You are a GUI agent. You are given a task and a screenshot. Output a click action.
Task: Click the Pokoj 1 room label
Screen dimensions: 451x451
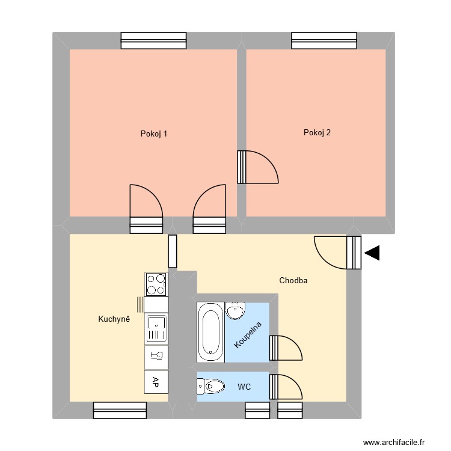tap(153, 133)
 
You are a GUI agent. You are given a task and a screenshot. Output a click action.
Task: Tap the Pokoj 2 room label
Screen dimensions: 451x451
tap(317, 133)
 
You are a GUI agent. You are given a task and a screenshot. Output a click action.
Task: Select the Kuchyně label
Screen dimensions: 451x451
tap(114, 319)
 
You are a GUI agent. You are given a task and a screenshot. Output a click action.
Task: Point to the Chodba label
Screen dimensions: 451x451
tap(294, 280)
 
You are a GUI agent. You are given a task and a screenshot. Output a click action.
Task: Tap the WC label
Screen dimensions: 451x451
tap(244, 386)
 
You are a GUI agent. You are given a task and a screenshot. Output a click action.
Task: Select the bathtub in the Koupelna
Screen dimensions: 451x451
tap(210, 331)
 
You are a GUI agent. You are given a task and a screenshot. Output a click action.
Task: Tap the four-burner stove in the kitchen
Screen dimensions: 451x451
tap(156, 284)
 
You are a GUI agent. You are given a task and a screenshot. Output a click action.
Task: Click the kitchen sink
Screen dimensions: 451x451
tap(156, 329)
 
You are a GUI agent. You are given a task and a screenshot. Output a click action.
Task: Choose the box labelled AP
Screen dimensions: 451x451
tap(156, 381)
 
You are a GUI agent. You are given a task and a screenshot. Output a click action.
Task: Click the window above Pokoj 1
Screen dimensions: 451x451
tap(153, 40)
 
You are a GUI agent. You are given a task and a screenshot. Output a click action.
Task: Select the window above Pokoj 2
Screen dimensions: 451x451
tap(324, 40)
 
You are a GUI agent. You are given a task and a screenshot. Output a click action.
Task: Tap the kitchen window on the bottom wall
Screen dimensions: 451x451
tap(120, 410)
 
